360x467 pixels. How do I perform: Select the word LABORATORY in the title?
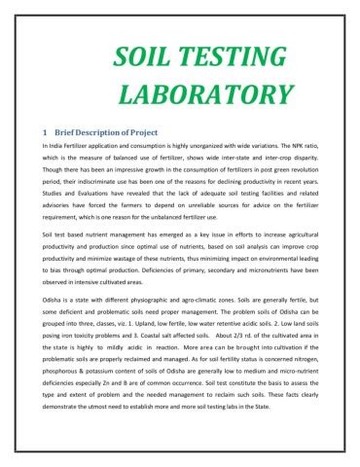pyautogui.click(x=204, y=95)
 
